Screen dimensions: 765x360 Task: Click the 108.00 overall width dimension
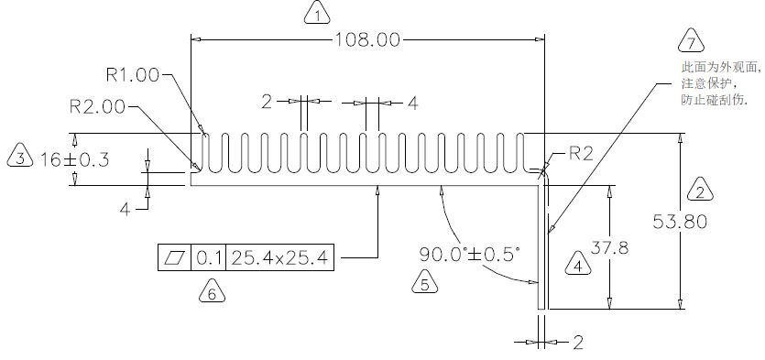coord(366,39)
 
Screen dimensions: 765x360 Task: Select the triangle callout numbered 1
coord(317,13)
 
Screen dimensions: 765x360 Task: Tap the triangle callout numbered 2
coord(700,191)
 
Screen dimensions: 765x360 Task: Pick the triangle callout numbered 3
coord(20,156)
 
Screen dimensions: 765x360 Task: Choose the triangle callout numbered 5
coord(424,281)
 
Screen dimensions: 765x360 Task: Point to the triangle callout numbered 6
coord(213,291)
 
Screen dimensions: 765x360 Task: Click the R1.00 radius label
coord(132,75)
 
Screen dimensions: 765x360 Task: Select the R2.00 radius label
coord(98,107)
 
